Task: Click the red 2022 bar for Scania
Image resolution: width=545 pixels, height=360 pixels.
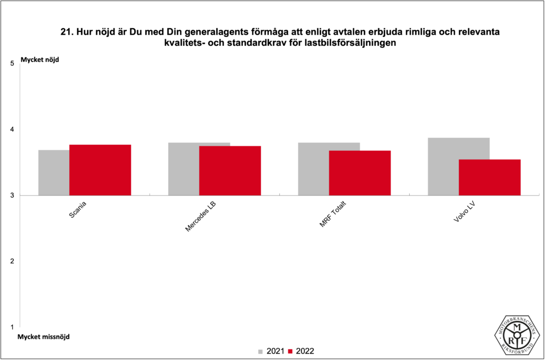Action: (100, 170)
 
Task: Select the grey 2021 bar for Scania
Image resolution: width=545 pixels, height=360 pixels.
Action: (54, 173)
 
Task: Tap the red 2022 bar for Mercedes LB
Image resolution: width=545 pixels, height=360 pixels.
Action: (230, 170)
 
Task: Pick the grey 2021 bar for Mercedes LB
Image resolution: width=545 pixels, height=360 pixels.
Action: (184, 169)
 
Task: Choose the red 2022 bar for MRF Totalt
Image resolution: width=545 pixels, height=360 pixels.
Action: (360, 173)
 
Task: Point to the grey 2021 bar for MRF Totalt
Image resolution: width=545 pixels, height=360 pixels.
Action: (313, 169)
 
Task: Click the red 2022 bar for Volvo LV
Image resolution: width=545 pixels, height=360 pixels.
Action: (490, 177)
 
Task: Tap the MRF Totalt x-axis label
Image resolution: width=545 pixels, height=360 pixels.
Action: (332, 215)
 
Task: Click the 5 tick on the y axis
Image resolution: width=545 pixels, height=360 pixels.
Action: (12, 63)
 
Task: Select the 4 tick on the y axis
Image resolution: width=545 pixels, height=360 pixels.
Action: (12, 129)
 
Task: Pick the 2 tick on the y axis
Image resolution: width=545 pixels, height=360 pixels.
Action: (12, 261)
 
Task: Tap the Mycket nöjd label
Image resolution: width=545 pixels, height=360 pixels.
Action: (39, 60)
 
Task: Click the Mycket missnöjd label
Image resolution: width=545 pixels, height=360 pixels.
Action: (43, 337)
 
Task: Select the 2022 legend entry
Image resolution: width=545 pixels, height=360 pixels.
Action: (301, 351)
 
